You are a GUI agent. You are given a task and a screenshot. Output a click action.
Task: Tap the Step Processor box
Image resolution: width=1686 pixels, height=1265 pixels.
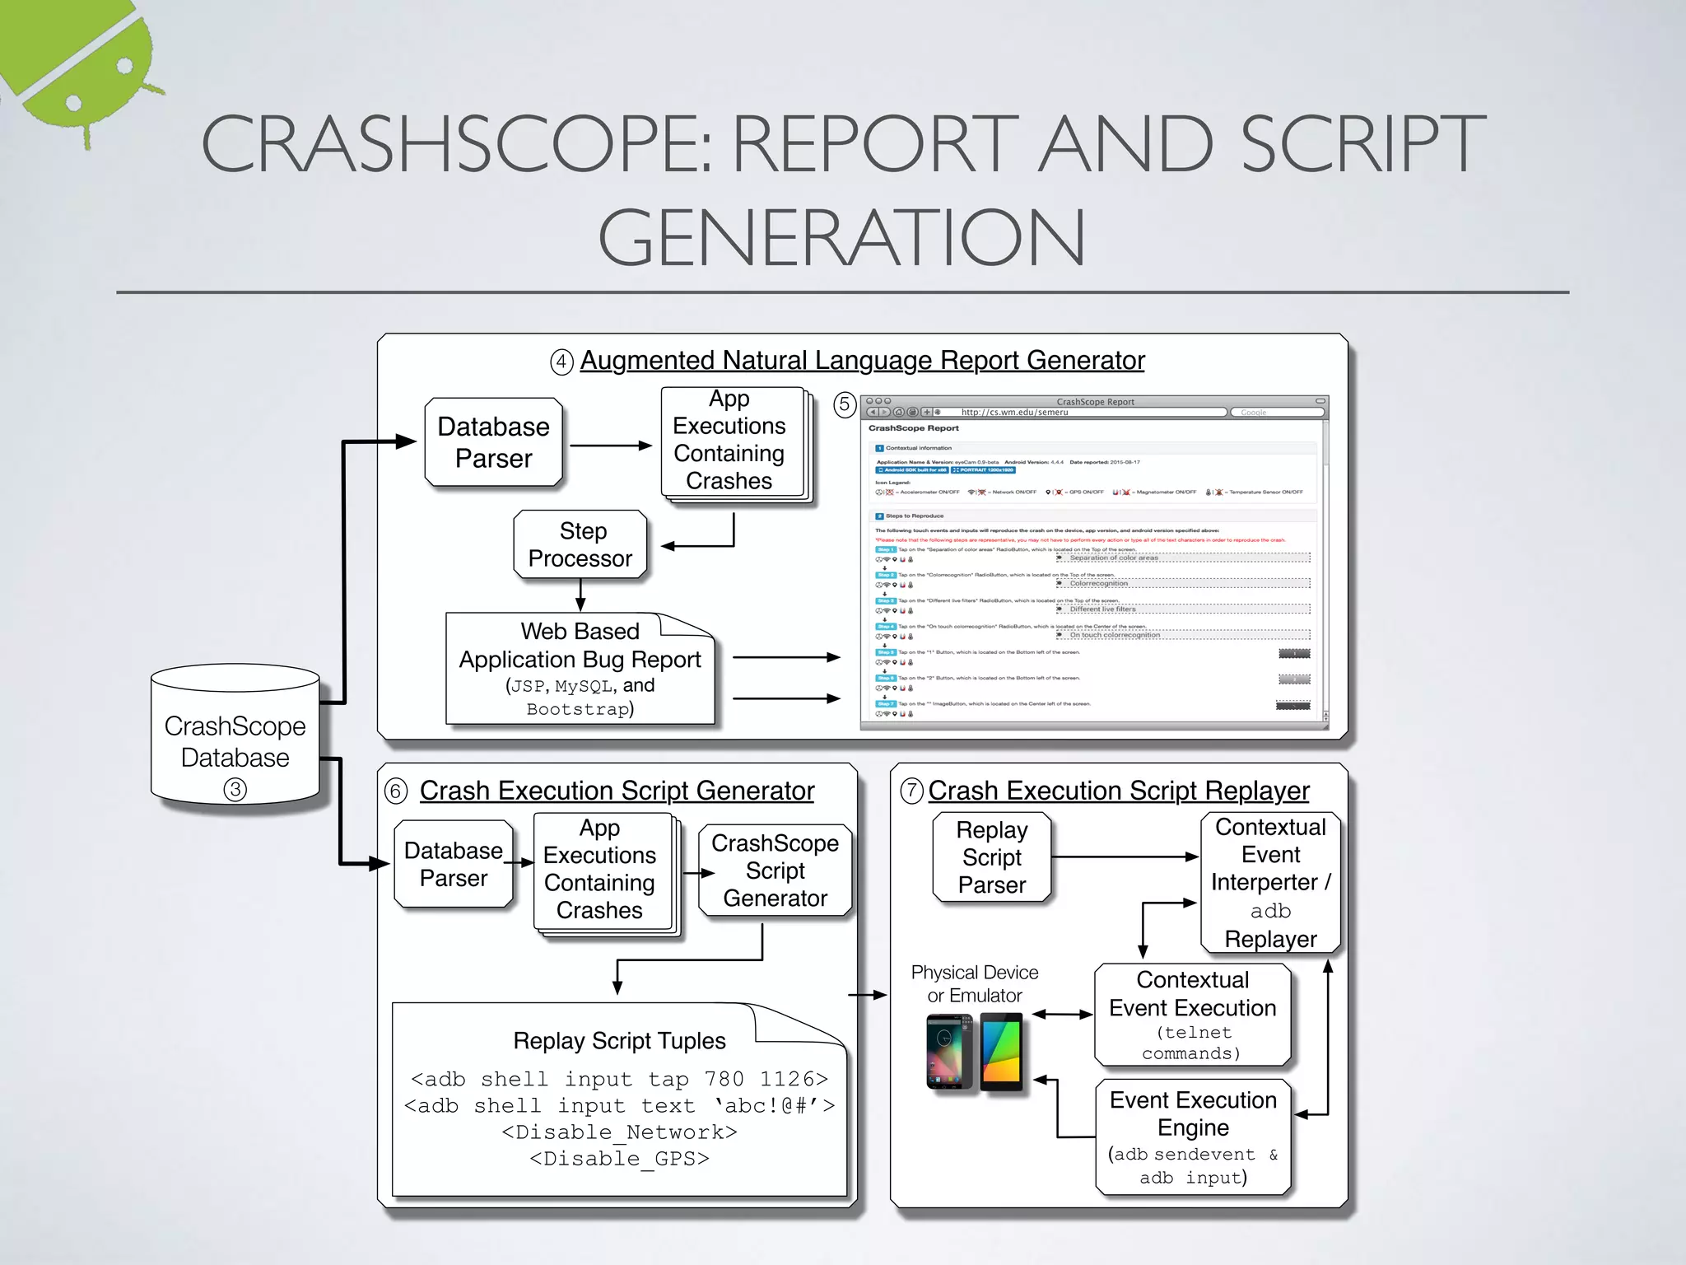pos(580,544)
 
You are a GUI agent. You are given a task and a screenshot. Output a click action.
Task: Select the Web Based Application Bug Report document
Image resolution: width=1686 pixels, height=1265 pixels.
pos(580,670)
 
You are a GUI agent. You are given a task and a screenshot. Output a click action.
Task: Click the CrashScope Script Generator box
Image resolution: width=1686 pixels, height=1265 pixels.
pos(775,871)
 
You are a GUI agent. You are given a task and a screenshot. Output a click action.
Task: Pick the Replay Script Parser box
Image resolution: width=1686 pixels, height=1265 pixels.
pos(992,857)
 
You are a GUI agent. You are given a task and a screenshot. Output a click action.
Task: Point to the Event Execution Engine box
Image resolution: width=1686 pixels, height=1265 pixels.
pos(1193,1137)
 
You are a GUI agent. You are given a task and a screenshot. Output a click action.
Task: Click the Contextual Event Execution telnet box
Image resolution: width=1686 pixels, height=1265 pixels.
pos(1192,1015)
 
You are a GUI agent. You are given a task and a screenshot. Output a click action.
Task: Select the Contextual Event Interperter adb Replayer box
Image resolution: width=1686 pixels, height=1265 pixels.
pos(1270,882)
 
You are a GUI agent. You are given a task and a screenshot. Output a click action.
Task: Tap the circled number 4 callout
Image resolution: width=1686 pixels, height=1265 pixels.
pos(561,362)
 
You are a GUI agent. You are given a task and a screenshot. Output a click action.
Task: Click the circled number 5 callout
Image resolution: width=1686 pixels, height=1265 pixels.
pos(844,404)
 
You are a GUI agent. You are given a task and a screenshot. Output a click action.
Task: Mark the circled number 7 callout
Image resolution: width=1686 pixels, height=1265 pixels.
pos(911,791)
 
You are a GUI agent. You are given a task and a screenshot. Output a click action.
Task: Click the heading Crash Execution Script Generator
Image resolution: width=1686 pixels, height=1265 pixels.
pos(617,791)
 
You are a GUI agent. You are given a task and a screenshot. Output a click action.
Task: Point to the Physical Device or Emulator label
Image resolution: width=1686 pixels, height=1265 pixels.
pos(975,983)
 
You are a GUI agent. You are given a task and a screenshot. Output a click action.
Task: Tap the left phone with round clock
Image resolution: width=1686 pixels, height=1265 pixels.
pos(949,1051)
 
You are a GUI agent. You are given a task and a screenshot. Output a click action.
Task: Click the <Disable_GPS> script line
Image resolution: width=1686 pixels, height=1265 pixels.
pos(619,1159)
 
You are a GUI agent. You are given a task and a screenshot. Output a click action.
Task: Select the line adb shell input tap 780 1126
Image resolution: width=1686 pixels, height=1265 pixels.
pos(619,1079)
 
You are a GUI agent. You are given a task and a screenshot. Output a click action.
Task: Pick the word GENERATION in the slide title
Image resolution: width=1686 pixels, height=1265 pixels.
pos(841,237)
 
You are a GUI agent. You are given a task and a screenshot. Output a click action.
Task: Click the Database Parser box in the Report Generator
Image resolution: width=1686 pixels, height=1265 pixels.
pos(493,443)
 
